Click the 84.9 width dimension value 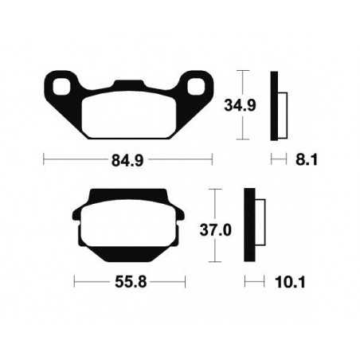pyautogui.click(x=127, y=159)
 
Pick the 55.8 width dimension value pyautogui.click(x=130, y=283)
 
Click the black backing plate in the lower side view pyautogui.click(x=250, y=225)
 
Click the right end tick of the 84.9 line pyautogui.click(x=213, y=159)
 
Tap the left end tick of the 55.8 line pyautogui.click(x=73, y=283)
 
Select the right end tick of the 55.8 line pyautogui.click(x=186, y=283)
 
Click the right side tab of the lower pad pyautogui.click(x=182, y=215)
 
